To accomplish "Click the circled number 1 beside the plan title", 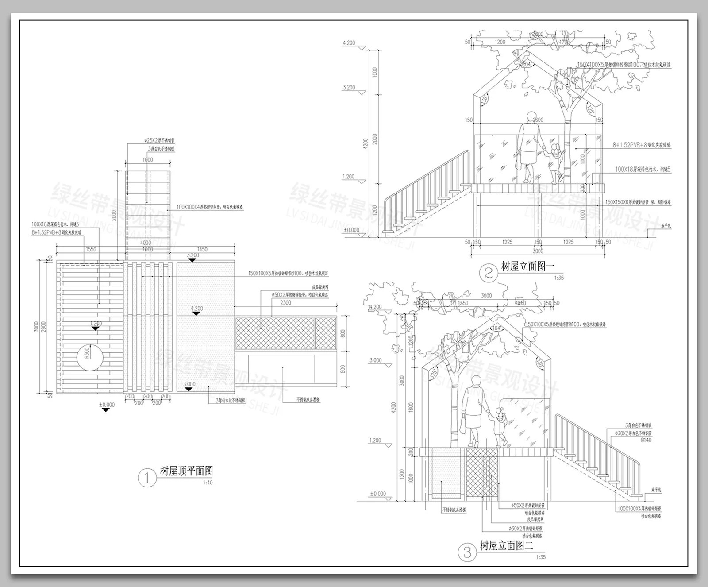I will [147, 478].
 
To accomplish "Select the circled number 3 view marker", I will [468, 552].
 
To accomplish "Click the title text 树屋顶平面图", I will [186, 471].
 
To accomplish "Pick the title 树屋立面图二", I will [507, 545].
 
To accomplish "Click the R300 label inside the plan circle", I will [87, 353].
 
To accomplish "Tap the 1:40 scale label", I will [208, 483].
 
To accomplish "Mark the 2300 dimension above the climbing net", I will [285, 303].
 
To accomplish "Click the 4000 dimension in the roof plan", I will [145, 243].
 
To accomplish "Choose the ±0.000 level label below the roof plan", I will [106, 405].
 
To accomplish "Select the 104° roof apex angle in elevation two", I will [496, 328].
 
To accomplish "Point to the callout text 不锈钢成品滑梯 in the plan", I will [308, 399].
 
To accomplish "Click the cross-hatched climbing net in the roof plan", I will [274, 332].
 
